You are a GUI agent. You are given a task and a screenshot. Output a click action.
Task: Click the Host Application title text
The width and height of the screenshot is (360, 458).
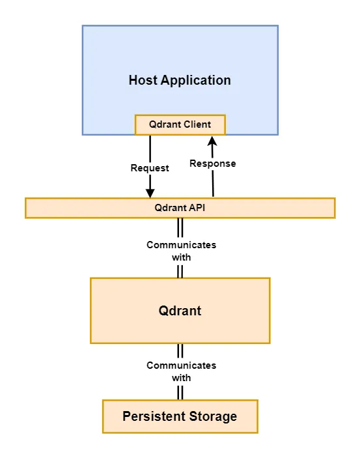[x=180, y=81]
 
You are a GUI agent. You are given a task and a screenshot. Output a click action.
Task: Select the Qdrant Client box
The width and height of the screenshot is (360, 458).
[x=180, y=124]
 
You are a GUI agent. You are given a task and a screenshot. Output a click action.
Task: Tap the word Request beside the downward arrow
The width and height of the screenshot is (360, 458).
[x=150, y=168]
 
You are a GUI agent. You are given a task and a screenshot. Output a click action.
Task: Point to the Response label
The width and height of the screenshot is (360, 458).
[x=212, y=164]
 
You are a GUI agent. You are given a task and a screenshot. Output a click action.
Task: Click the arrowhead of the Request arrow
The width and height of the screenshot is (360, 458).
[x=150, y=193]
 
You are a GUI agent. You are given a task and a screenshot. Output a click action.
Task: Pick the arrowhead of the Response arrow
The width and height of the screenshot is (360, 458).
[x=212, y=141]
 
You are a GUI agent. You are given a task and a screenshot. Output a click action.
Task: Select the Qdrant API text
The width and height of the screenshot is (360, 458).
[x=180, y=208]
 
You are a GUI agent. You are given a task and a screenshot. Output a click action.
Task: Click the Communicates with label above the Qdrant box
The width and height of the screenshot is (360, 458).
[x=181, y=251]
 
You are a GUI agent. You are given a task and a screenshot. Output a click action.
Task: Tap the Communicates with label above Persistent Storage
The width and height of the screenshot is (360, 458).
[x=181, y=371]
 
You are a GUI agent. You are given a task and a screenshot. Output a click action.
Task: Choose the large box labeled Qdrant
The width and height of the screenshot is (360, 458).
[x=180, y=311]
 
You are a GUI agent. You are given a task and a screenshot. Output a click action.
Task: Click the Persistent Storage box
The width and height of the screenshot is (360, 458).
[x=180, y=416]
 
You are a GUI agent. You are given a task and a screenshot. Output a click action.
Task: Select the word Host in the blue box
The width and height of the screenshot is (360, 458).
[x=143, y=81]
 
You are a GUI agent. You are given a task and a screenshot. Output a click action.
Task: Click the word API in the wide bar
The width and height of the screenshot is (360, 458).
[x=197, y=208]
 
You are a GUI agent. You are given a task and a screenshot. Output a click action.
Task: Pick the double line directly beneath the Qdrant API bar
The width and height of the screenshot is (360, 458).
[x=180, y=227]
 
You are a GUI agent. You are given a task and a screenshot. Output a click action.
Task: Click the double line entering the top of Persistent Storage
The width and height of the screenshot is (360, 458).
[x=180, y=393]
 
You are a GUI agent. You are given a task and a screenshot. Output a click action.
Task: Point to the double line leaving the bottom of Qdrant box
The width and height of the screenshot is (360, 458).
[x=180, y=351]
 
